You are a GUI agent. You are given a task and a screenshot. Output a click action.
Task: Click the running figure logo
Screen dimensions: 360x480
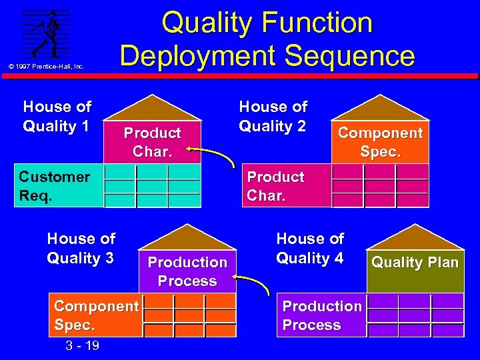click(46, 33)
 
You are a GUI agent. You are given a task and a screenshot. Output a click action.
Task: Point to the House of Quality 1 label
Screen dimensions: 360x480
click(57, 116)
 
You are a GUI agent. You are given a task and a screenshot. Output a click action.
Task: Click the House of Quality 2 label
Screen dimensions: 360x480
click(273, 116)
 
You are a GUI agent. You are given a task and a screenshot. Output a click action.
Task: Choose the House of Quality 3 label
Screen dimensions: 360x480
click(81, 248)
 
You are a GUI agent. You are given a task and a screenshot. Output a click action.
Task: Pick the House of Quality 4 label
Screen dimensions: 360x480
click(310, 248)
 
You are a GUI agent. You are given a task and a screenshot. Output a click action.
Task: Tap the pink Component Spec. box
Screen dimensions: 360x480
click(380, 142)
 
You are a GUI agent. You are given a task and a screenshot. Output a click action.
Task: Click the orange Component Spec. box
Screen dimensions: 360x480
click(97, 316)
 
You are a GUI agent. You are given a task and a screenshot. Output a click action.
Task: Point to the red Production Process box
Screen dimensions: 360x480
click(187, 271)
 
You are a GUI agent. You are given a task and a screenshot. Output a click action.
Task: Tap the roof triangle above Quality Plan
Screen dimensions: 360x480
click(415, 237)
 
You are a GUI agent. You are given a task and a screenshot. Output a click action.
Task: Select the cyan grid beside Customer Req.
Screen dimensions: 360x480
click(152, 186)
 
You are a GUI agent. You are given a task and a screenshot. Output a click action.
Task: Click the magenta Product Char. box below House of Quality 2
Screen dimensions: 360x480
click(285, 186)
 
